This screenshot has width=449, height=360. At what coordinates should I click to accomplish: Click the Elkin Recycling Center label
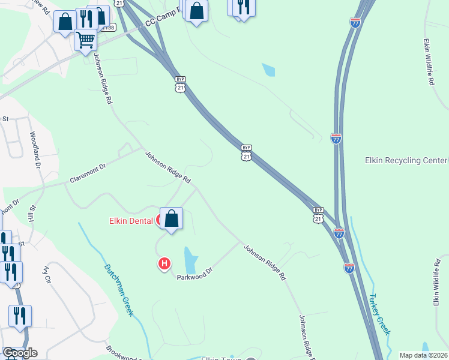coord(406,161)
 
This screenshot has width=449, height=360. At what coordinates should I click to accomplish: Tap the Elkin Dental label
coord(132,221)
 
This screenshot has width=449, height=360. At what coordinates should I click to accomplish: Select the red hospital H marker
coord(164,263)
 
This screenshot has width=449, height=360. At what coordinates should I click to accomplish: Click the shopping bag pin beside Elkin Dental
coord(172,219)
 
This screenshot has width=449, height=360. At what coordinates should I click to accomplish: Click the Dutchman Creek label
coord(118,290)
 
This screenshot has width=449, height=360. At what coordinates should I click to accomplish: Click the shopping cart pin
coord(86,40)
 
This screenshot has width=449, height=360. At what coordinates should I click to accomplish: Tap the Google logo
coord(20,353)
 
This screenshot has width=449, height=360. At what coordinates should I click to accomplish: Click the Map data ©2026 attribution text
coord(423,355)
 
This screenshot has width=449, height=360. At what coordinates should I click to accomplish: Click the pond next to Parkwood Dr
coord(190,260)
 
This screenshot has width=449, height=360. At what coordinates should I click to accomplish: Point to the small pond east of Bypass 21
coord(268,70)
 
